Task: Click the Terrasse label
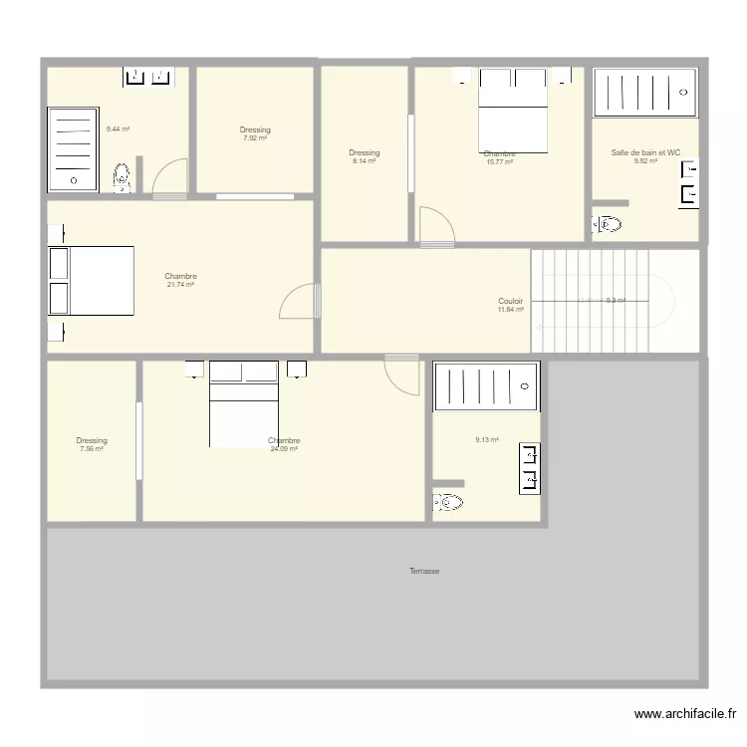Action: [424, 571]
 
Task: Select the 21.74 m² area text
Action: [180, 285]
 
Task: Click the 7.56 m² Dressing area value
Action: [92, 449]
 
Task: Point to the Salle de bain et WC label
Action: [645, 152]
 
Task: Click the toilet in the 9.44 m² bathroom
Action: [122, 177]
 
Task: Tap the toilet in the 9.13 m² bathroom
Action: [448, 503]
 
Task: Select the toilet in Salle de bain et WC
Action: [607, 224]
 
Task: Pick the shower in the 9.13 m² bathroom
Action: [487, 387]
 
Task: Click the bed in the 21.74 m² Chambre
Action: [91, 281]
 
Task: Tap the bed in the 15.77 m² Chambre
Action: [513, 110]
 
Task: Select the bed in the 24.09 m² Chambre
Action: [244, 403]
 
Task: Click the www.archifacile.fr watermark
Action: [685, 714]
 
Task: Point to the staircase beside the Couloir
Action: [602, 300]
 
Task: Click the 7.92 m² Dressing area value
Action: [255, 138]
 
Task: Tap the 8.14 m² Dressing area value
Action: [365, 160]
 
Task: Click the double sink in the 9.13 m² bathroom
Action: [529, 468]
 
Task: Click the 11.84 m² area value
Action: [511, 310]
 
